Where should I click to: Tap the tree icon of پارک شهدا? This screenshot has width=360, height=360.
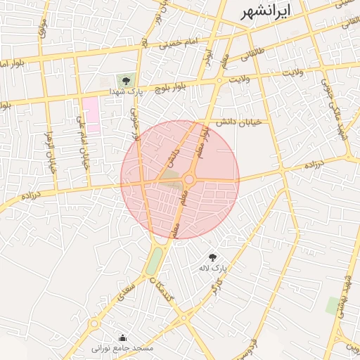(x=126, y=81)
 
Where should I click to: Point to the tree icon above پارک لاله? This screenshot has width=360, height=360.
(x=213, y=257)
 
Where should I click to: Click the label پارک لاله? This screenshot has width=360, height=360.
(x=220, y=269)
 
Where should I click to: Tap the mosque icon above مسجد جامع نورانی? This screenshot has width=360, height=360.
(x=123, y=337)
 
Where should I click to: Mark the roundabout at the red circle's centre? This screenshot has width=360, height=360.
(x=189, y=180)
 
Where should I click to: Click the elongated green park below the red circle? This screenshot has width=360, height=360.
(x=153, y=262)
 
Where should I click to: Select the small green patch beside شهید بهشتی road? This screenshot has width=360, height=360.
(x=332, y=305)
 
